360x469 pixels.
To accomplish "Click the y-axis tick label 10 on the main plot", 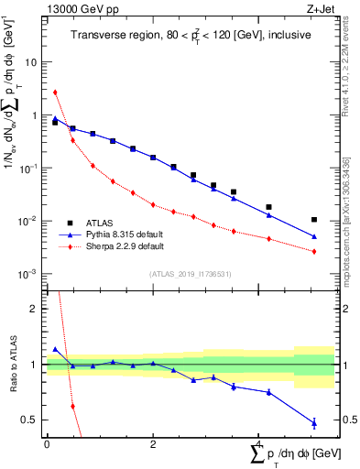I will (31, 62).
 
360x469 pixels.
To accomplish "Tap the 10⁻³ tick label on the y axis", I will (29, 274).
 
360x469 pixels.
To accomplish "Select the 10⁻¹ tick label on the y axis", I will (29, 169).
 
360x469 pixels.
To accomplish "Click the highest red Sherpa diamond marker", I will (55, 92).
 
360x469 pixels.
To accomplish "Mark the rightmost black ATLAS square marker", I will (314, 220).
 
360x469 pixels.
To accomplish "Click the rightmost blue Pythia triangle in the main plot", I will (314, 236).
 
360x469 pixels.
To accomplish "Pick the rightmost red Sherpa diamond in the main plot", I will (314, 251).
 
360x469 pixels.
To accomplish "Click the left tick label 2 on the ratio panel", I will (34, 309).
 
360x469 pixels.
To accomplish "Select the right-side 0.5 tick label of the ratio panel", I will (345, 420).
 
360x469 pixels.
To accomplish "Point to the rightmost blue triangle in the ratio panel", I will (314, 422).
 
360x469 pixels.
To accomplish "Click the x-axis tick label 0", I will (47, 444).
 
